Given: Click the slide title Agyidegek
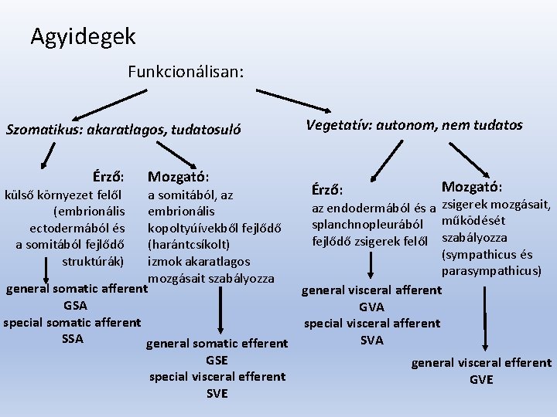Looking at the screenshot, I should pos(83,36).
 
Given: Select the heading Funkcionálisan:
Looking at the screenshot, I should pos(186,73).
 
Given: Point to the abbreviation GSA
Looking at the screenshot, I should pos(75,305).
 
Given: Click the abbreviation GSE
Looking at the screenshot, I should pos(217,360).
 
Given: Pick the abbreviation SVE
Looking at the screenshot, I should pos(217,393).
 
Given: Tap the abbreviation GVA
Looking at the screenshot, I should pos(371,307).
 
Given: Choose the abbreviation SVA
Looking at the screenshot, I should pos(371,340).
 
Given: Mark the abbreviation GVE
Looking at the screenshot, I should pos(480,379).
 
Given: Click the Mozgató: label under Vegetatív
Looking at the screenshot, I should pos(471,187).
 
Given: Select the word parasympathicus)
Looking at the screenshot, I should pos(491,271).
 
